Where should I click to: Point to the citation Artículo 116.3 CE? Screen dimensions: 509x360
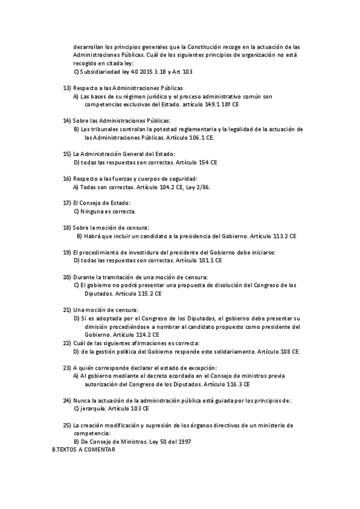click(227, 384)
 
